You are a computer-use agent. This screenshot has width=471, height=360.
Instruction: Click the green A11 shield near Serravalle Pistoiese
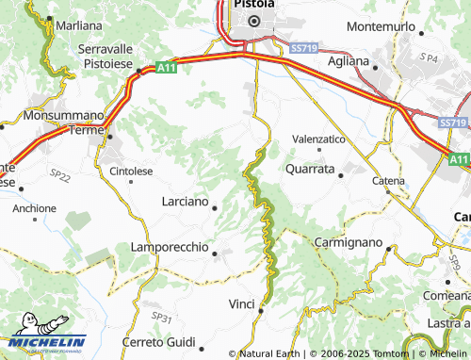point(166,67)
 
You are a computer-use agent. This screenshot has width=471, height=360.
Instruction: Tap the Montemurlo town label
point(381,26)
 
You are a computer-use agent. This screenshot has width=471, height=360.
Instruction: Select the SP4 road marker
point(430,58)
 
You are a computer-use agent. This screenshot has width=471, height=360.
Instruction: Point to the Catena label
point(388,180)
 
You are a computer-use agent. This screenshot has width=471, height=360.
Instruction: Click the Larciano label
point(184,202)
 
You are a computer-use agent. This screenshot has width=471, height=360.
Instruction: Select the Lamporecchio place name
point(169,248)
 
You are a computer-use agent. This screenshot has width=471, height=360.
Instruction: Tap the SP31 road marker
point(162,318)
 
